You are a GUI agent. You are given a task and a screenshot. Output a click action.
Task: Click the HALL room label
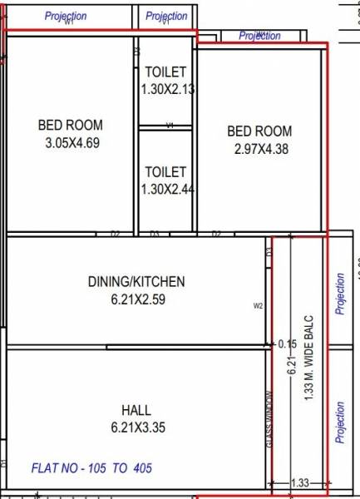(136, 410)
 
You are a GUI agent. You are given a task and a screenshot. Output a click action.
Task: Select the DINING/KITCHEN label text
(136, 282)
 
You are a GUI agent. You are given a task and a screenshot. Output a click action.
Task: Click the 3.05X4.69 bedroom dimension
(71, 142)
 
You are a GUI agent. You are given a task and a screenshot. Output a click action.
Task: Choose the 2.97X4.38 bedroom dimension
(259, 149)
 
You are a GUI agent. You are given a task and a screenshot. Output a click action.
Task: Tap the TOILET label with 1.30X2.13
(165, 73)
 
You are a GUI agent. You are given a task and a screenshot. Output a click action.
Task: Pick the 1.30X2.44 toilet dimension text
(165, 189)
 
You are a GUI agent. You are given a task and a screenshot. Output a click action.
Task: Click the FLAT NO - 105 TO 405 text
(91, 468)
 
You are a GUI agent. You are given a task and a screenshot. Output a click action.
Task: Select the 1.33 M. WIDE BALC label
(308, 358)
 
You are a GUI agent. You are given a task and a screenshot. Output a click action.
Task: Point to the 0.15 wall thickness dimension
(288, 343)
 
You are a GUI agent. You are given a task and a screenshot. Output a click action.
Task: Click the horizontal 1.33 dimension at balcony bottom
(301, 483)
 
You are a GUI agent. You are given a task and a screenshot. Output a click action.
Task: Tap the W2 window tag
(258, 306)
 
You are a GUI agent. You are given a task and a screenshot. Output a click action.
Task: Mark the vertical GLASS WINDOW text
(269, 420)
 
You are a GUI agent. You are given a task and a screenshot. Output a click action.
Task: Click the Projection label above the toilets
(166, 16)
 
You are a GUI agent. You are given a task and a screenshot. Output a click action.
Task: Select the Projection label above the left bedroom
(66, 16)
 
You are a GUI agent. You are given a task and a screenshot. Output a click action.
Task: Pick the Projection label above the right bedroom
(259, 36)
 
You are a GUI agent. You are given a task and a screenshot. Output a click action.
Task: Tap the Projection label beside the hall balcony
(339, 422)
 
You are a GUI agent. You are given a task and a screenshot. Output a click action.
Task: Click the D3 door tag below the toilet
(155, 235)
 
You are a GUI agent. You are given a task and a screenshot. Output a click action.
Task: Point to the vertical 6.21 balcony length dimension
(291, 365)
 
